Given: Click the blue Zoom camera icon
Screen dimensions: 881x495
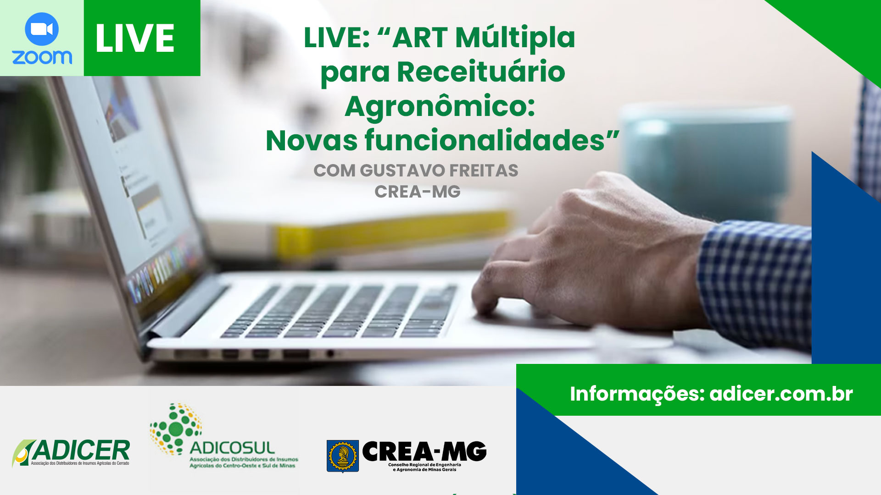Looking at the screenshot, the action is point(42,29).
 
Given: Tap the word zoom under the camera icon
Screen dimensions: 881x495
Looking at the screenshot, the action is point(42,57).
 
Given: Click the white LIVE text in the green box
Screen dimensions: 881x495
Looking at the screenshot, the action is point(135,38).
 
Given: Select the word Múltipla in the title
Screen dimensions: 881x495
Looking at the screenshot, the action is point(515,38).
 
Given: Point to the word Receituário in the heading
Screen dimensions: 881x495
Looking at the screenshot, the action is point(481,72).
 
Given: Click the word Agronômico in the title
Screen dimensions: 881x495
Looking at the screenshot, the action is point(440,107).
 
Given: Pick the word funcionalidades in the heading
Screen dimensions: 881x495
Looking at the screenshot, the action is point(485,140).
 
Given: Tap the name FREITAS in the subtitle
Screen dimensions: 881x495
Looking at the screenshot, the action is point(484,170).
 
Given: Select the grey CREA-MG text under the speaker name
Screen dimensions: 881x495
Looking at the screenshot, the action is point(418,192).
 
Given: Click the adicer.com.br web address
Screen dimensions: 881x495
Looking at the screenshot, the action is point(781,394).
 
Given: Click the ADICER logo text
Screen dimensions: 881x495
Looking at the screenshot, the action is point(80,450).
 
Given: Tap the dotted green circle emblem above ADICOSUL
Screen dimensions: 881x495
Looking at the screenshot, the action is point(176,429).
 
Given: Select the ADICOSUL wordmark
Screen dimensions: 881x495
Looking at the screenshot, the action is point(232,448).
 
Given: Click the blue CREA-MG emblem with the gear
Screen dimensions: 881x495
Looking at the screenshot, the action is point(343,456).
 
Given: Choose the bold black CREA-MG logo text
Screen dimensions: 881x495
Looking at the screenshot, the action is point(424,451).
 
